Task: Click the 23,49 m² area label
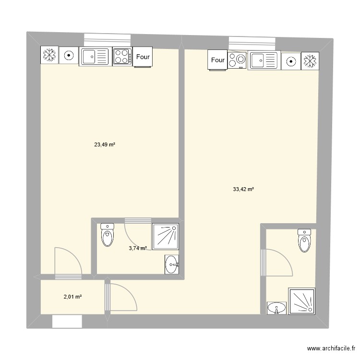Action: coord(105,144)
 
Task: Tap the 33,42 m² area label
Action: coord(243,189)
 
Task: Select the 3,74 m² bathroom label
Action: coord(138,248)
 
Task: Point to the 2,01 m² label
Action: coord(73,297)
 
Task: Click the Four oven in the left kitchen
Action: coord(143,57)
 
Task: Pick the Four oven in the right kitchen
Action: coord(217,60)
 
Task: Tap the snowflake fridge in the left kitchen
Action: coord(49,55)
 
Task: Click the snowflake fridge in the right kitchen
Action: coord(310,61)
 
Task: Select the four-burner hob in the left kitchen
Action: coord(122,57)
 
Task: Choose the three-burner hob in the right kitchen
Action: coord(237,60)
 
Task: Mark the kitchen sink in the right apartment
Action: coord(264,60)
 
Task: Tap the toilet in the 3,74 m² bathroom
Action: coord(107,235)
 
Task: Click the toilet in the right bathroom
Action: coord(304,240)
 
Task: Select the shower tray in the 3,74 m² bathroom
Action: coord(165,237)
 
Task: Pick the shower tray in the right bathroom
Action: coord(302,301)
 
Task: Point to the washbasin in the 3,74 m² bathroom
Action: coord(172,264)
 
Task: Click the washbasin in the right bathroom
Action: coord(276,308)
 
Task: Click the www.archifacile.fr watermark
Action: coord(331,348)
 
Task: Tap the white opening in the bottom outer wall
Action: coord(67,322)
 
